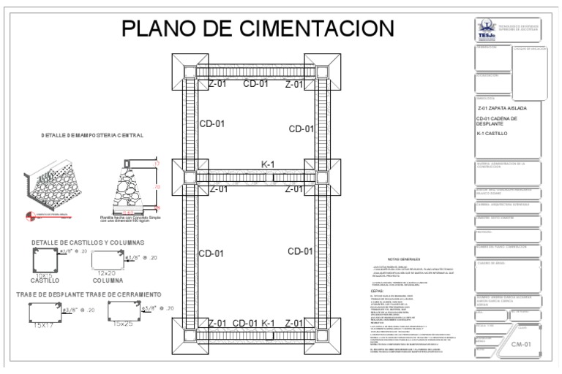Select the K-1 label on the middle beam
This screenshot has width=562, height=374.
pyautogui.click(x=267, y=165)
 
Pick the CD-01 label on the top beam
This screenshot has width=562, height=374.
pyautogui.click(x=255, y=84)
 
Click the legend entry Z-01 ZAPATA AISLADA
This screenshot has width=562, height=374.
pyautogui.click(x=501, y=108)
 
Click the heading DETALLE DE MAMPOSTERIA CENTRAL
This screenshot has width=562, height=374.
pyautogui.click(x=92, y=135)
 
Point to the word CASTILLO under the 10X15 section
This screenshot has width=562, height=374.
pyautogui.click(x=45, y=280)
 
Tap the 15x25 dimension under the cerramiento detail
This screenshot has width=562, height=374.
pyautogui.click(x=121, y=324)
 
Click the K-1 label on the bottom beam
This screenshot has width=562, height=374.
pyautogui.click(x=267, y=323)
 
